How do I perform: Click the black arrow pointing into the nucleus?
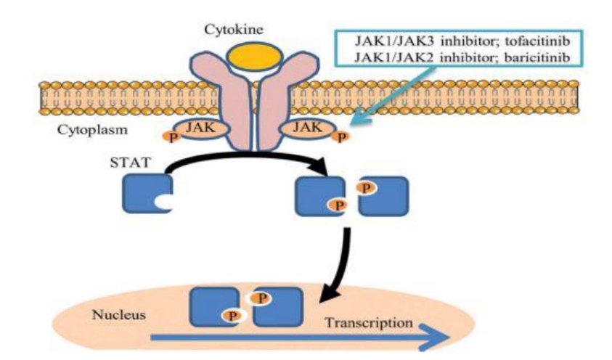tap(335, 269)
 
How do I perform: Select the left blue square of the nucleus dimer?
tap(212, 306)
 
